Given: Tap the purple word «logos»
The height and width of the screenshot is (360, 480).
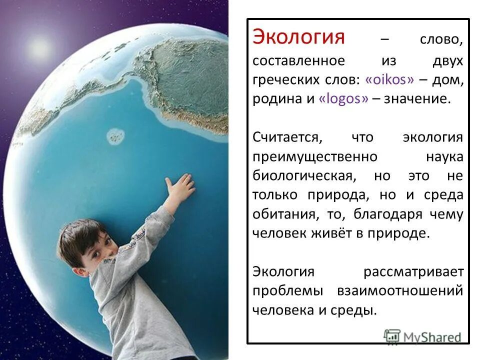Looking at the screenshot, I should click(x=343, y=98).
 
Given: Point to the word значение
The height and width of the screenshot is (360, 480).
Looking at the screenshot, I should click(x=417, y=98).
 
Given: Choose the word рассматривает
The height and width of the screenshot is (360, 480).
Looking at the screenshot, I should click(x=413, y=272).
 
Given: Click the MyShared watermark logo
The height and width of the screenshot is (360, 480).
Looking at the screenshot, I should click(x=422, y=336).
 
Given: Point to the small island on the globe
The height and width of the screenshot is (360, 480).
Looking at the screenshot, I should click(x=115, y=134).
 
